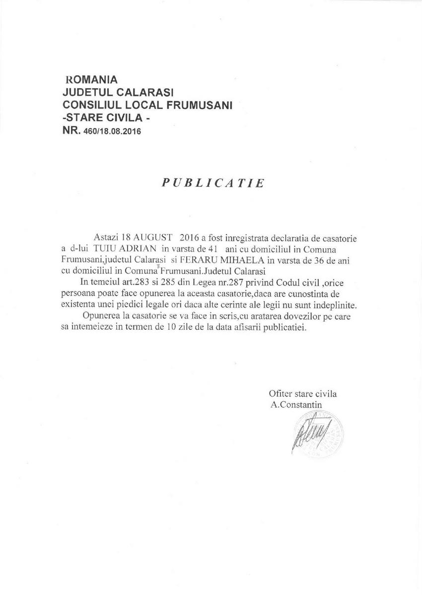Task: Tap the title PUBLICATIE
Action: pos(213,182)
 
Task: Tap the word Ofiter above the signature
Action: pos(280,394)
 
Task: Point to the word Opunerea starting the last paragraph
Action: pos(102,317)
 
